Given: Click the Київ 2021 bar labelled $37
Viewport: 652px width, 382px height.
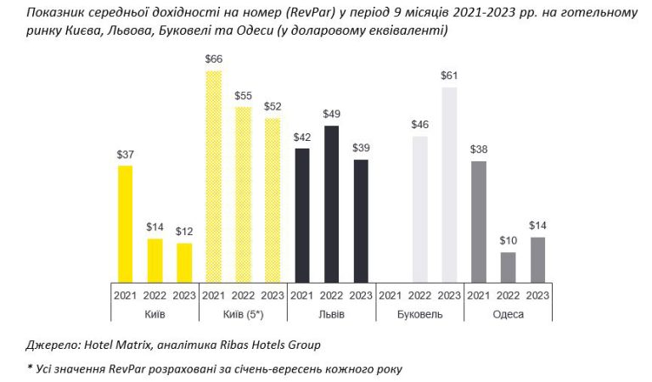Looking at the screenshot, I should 125,223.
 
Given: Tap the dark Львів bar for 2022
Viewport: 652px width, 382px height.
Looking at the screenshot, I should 331,204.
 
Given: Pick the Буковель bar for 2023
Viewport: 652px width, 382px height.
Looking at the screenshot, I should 449,184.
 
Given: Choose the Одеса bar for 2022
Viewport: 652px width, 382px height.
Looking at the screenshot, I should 508,267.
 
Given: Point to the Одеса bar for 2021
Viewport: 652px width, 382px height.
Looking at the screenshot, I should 479,221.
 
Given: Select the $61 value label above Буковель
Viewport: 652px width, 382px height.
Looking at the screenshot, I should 449,76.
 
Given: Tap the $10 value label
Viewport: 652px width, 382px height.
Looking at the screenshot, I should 508,240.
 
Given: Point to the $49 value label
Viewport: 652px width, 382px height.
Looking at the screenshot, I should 331,114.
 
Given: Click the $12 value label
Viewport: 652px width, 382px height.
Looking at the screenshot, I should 184,232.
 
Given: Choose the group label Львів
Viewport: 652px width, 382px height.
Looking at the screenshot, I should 331,315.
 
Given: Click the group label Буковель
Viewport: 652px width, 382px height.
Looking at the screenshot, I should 419,315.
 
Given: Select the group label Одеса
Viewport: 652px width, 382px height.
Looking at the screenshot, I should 508,315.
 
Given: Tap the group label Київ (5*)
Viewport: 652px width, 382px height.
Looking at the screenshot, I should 243,315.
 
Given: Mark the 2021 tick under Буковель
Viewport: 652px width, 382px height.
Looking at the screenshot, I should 390,295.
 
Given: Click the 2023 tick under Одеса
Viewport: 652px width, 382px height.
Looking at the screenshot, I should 537,295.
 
